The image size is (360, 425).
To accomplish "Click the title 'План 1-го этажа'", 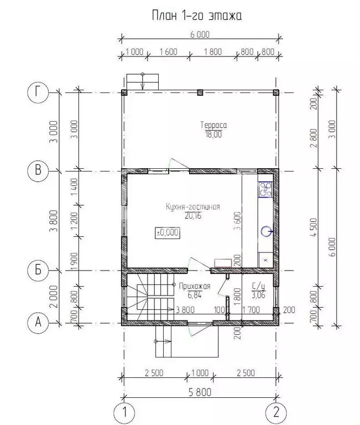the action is point(197,15).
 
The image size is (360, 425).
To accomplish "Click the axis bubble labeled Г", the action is point(38,93).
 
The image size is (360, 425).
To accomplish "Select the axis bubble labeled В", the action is point(38,170).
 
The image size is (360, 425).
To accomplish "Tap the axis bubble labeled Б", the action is point(38,270).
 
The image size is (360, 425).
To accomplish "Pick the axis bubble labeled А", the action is point(38,323).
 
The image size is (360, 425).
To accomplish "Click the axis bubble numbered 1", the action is point(124,413).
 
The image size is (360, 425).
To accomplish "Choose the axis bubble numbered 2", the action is point(276,413).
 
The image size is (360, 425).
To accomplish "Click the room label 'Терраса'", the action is point(213,125).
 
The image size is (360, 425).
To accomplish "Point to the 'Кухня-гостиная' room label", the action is point(192,207).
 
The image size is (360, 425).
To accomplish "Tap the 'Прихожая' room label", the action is point(195,286).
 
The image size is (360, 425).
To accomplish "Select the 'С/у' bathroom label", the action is point(258,286).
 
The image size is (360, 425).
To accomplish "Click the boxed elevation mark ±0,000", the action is point(168,232).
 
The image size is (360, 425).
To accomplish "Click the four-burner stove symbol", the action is point(265,189).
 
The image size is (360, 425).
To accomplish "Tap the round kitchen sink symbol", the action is point(266,231).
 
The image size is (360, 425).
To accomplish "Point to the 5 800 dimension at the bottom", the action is point(200,392).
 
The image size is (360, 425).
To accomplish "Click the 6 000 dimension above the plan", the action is point(200,34).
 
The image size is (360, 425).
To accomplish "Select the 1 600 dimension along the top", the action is point(168,51).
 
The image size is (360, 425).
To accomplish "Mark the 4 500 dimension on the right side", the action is point(314,227).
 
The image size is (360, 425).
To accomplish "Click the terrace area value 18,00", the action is point(213,134).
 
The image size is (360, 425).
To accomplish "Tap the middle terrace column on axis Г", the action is point(200,92).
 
